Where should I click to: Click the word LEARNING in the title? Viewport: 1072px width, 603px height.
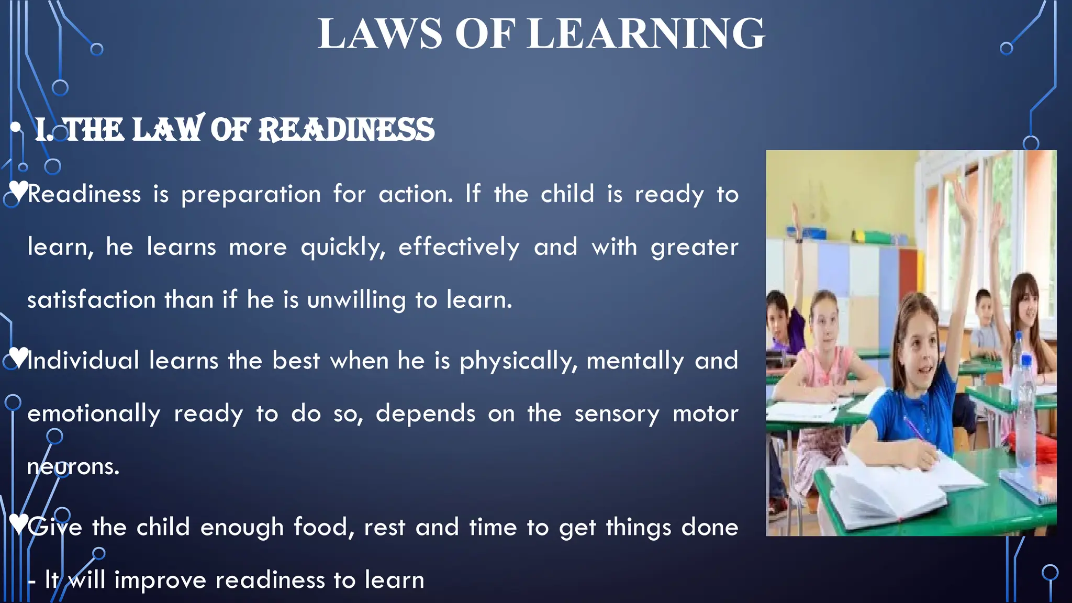tap(646, 34)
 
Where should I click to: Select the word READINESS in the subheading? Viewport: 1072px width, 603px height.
tap(347, 130)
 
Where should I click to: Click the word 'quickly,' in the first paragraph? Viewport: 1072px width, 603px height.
tap(343, 247)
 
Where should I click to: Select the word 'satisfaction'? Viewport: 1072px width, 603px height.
tap(91, 300)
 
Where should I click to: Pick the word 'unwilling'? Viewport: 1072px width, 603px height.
tap(356, 300)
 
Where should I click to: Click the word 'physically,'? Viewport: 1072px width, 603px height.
tap(518, 361)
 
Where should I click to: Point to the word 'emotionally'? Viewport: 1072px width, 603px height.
tap(94, 414)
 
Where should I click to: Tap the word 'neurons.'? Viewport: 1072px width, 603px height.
tap(73, 466)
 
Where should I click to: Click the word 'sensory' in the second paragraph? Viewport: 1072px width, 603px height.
tap(617, 414)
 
